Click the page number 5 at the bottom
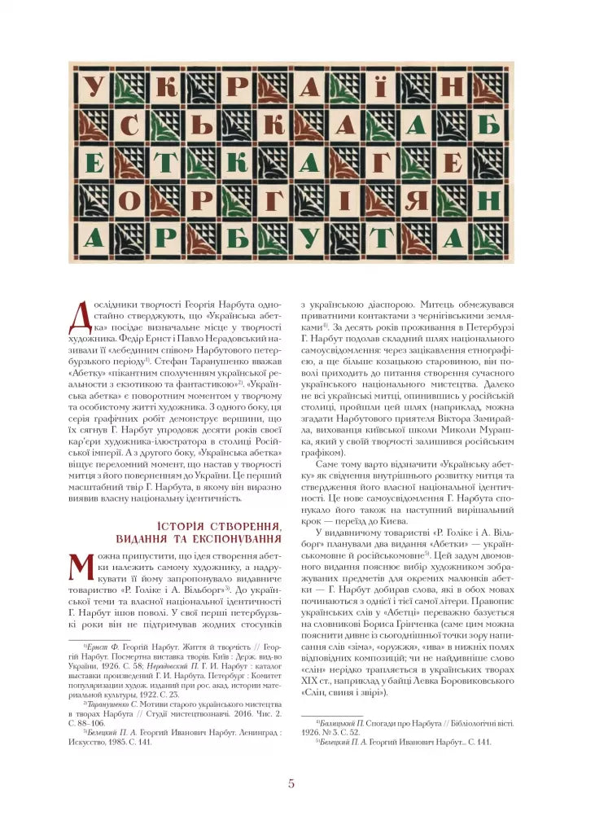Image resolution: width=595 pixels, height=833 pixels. point(291,784)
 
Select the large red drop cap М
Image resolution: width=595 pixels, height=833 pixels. point(85,569)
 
